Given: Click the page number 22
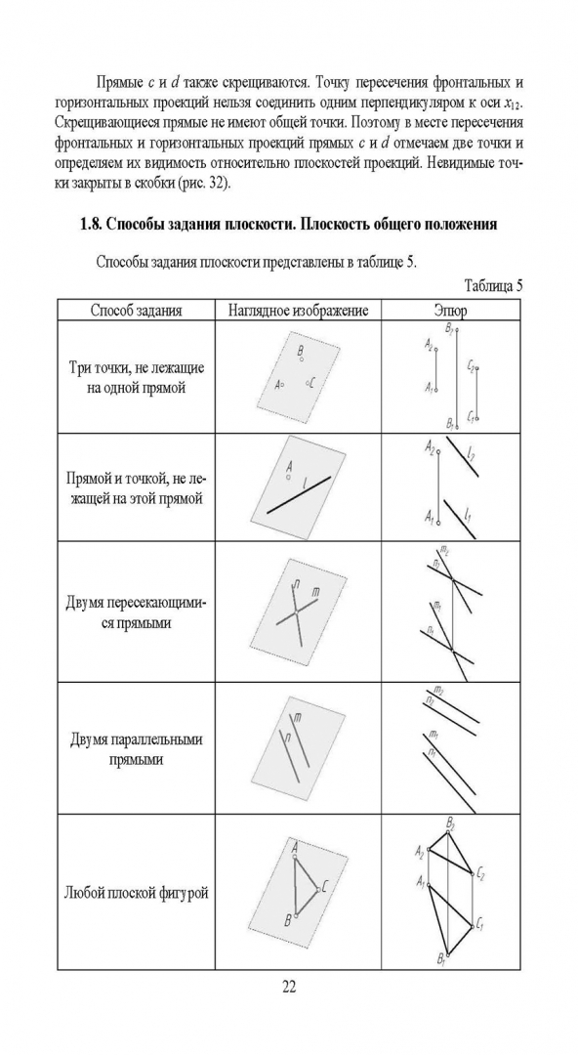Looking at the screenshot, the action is pyautogui.click(x=289, y=987).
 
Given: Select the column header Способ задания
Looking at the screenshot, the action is pyautogui.click(x=136, y=311).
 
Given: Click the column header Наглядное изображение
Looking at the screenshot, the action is pyautogui.click(x=298, y=311).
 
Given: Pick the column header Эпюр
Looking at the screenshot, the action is pyautogui.click(x=450, y=311).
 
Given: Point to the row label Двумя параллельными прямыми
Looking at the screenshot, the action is pyautogui.click(x=136, y=749).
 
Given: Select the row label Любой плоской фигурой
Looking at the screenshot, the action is pyautogui.click(x=136, y=893).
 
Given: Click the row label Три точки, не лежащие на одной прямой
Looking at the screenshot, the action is pyautogui.click(x=136, y=377).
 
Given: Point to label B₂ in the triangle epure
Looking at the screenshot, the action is pyautogui.click(x=451, y=823).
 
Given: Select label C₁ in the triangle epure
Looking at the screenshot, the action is pyautogui.click(x=479, y=924).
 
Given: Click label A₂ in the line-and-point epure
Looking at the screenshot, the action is pyautogui.click(x=430, y=448).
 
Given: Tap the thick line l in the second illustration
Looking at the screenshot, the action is pyautogui.click(x=299, y=494).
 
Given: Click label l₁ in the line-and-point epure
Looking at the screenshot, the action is pyautogui.click(x=468, y=516).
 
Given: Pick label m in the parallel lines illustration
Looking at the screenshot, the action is pyautogui.click(x=298, y=719).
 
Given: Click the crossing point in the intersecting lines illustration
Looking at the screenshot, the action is pyautogui.click(x=296, y=612).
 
